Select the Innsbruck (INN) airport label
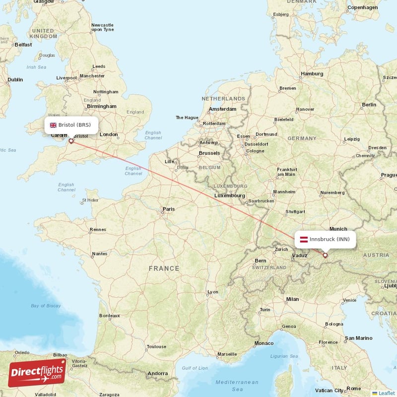[325, 239]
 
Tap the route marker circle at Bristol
[71, 141]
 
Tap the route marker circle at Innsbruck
[325, 256]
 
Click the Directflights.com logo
[37, 373]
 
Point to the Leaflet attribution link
[386, 393]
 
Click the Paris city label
[169, 209]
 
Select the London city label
[109, 134]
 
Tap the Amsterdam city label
[222, 109]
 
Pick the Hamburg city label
[312, 74]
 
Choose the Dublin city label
[15, 79]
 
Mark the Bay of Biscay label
[46, 306]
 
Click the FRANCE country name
[164, 268]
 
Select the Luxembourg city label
[229, 196]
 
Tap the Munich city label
[338, 229]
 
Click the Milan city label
[292, 299]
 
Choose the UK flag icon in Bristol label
[53, 125]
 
